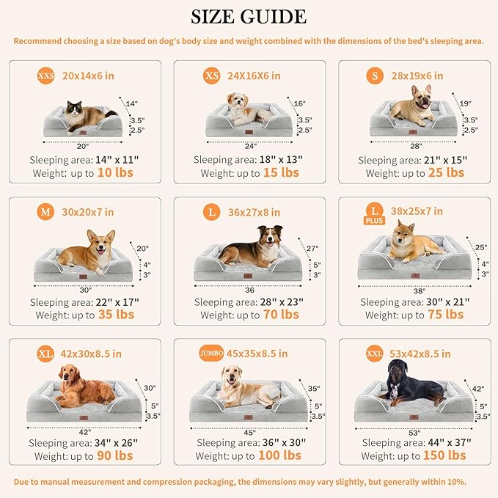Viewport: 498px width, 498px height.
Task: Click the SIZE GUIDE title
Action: pyautogui.click(x=249, y=16)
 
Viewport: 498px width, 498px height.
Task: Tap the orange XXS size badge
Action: pyautogui.click(x=45, y=76)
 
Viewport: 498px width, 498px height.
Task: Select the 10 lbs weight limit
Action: pyautogui.click(x=113, y=173)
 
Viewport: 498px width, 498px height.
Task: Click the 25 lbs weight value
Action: pyautogui.click(x=445, y=173)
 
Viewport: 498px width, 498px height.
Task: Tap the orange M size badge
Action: pyautogui.click(x=45, y=212)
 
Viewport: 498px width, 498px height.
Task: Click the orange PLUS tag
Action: pyautogui.click(x=373, y=220)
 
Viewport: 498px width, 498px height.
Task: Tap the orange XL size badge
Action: pyautogui.click(x=45, y=354)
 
